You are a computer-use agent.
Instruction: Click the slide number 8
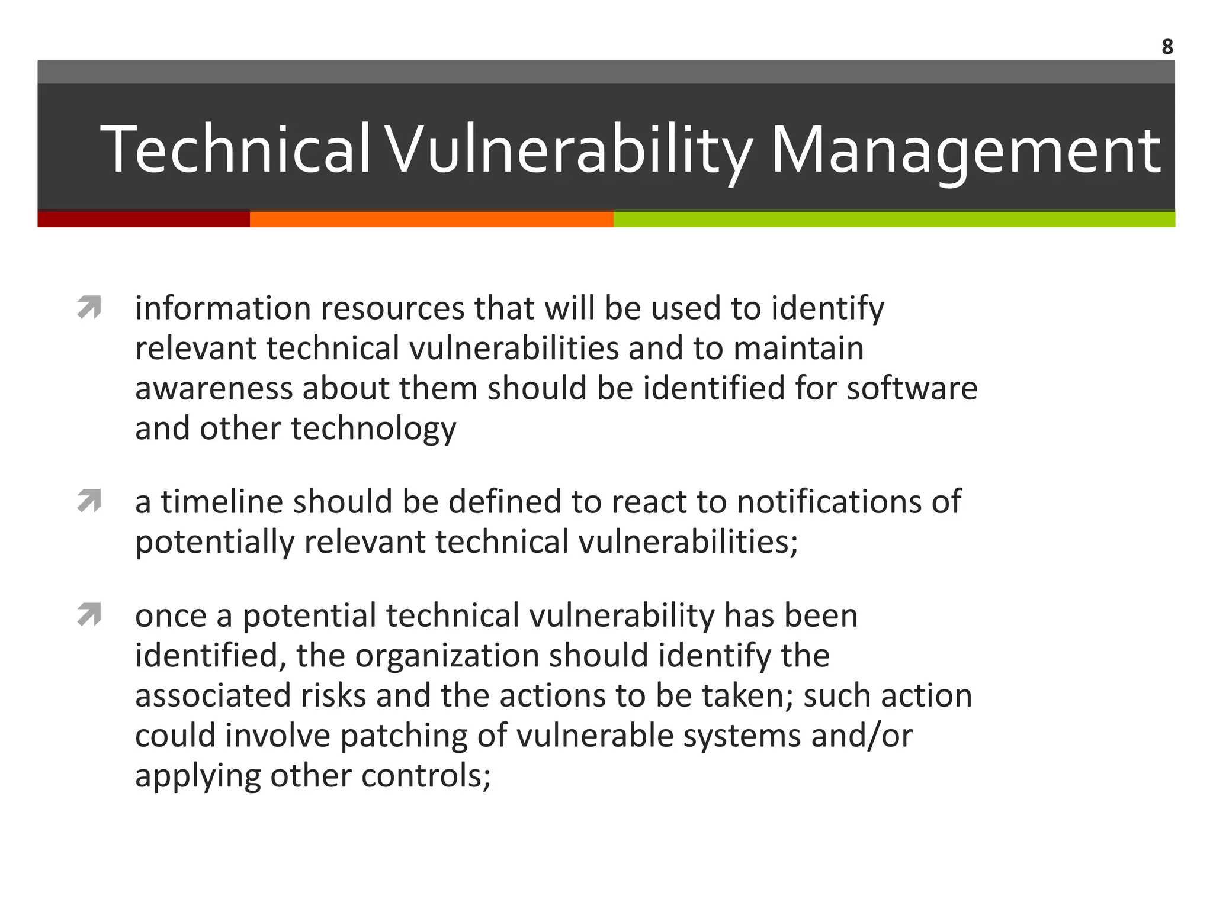point(1167,47)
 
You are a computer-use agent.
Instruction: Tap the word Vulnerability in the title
point(570,150)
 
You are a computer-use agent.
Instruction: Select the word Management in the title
point(965,150)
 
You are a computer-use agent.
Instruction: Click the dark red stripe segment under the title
point(143,219)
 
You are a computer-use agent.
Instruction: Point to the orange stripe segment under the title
point(431,219)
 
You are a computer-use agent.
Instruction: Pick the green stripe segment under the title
point(894,219)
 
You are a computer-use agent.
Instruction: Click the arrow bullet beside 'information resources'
point(89,308)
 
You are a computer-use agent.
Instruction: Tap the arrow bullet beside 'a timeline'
point(89,502)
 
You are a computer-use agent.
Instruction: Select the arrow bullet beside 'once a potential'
point(89,615)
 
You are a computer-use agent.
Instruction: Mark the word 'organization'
point(447,656)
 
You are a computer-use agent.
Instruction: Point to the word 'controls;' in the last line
point(426,776)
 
